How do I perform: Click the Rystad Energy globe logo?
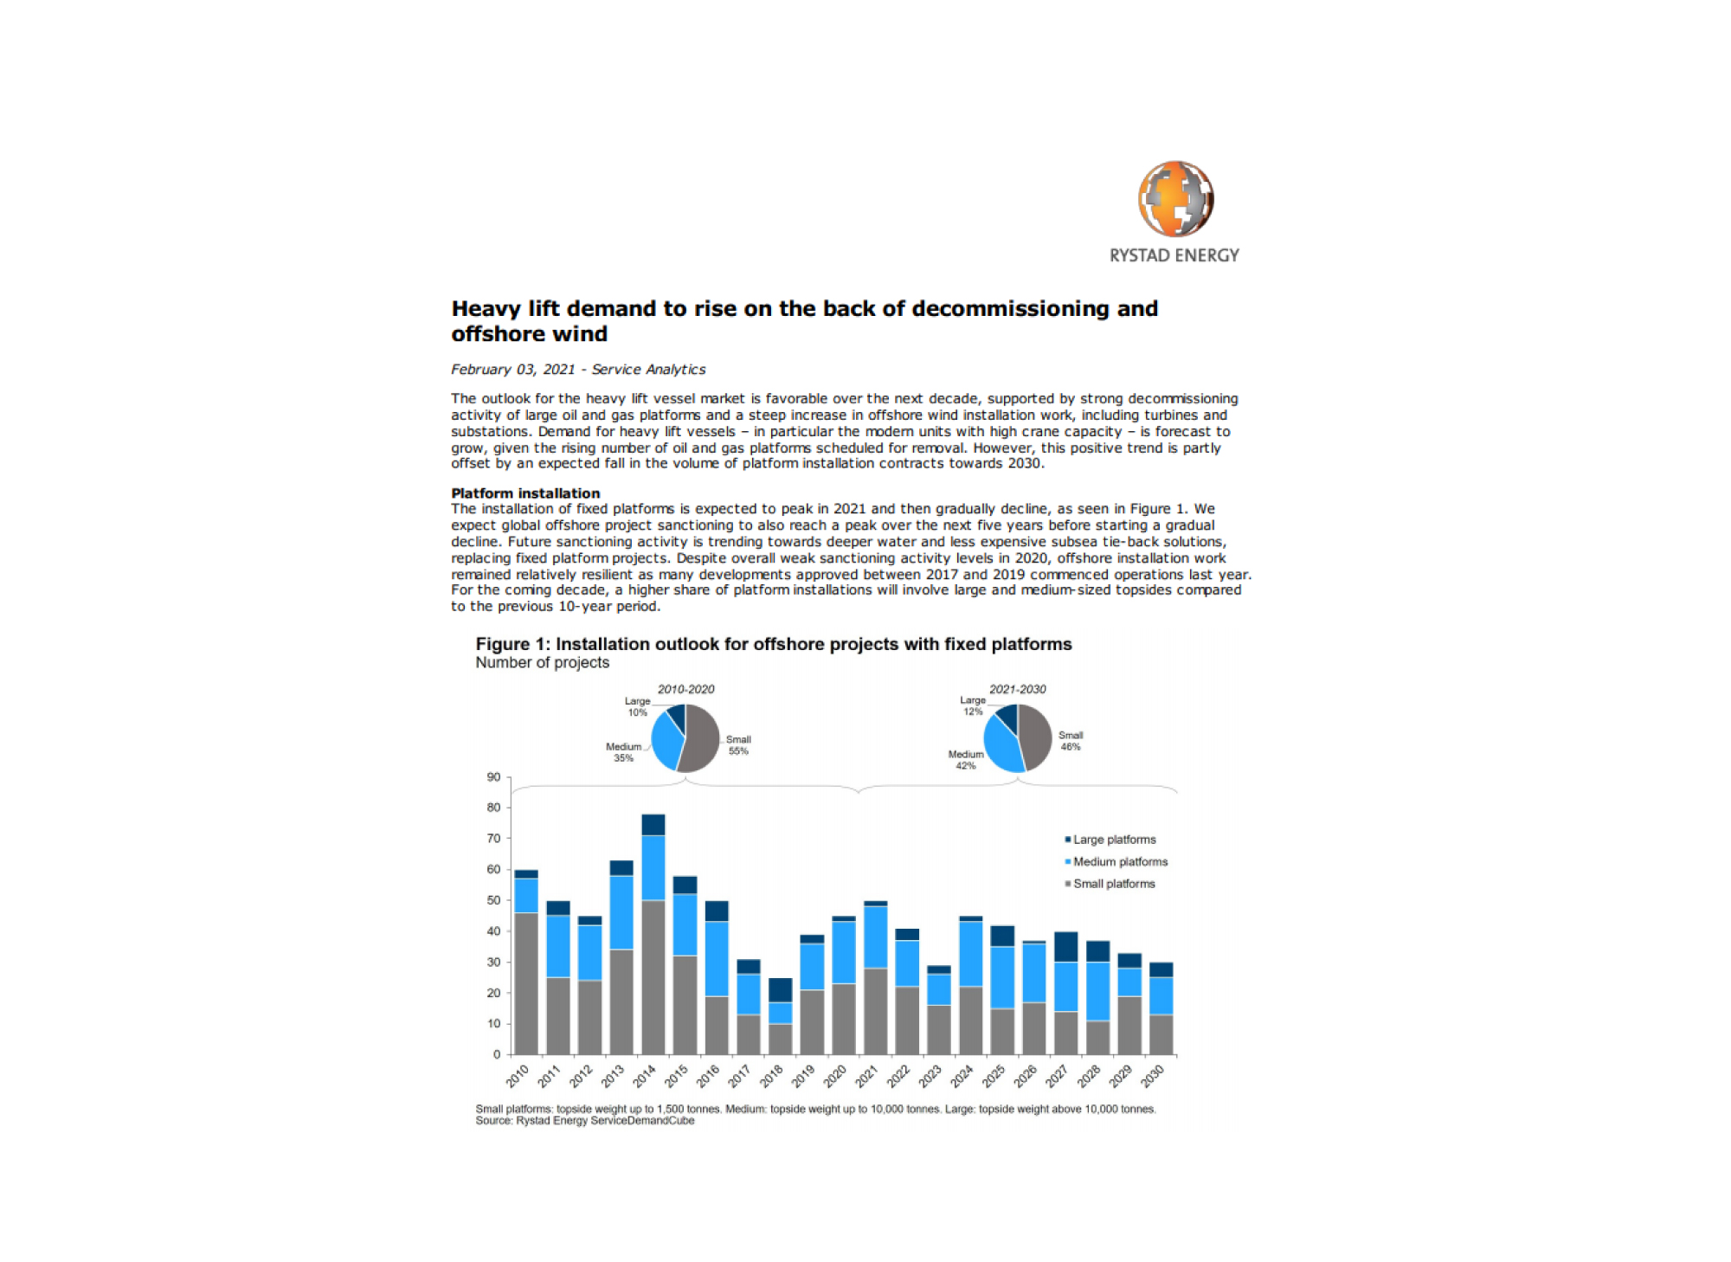tap(1175, 198)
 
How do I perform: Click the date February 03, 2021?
tap(512, 370)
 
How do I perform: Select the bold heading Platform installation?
tap(525, 493)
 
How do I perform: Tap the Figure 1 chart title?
tap(774, 644)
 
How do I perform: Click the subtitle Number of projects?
tap(542, 662)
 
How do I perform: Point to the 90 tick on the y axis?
tap(493, 777)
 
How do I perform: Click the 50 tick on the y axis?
tap(493, 900)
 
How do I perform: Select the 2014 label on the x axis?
tap(644, 1076)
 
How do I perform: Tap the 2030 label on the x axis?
tap(1152, 1076)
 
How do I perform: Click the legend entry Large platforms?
tap(1110, 840)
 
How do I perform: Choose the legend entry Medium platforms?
tap(1116, 861)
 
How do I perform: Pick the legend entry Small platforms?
tap(1110, 884)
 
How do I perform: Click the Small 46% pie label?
tap(1071, 741)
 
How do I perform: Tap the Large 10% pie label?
tap(638, 706)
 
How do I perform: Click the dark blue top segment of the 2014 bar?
tap(653, 825)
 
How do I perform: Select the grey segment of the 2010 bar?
tap(526, 983)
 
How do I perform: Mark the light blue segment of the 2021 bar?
tap(876, 937)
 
